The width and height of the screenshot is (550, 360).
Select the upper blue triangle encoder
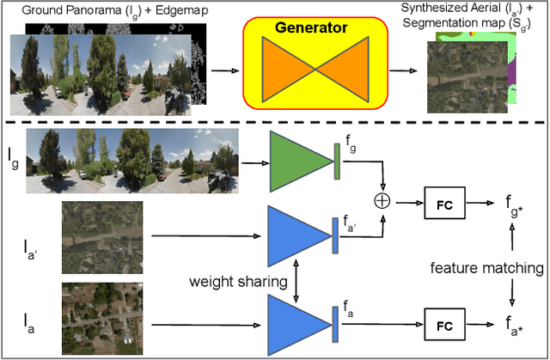(x=297, y=237)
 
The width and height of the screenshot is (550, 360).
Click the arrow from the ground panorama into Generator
(x=226, y=71)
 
